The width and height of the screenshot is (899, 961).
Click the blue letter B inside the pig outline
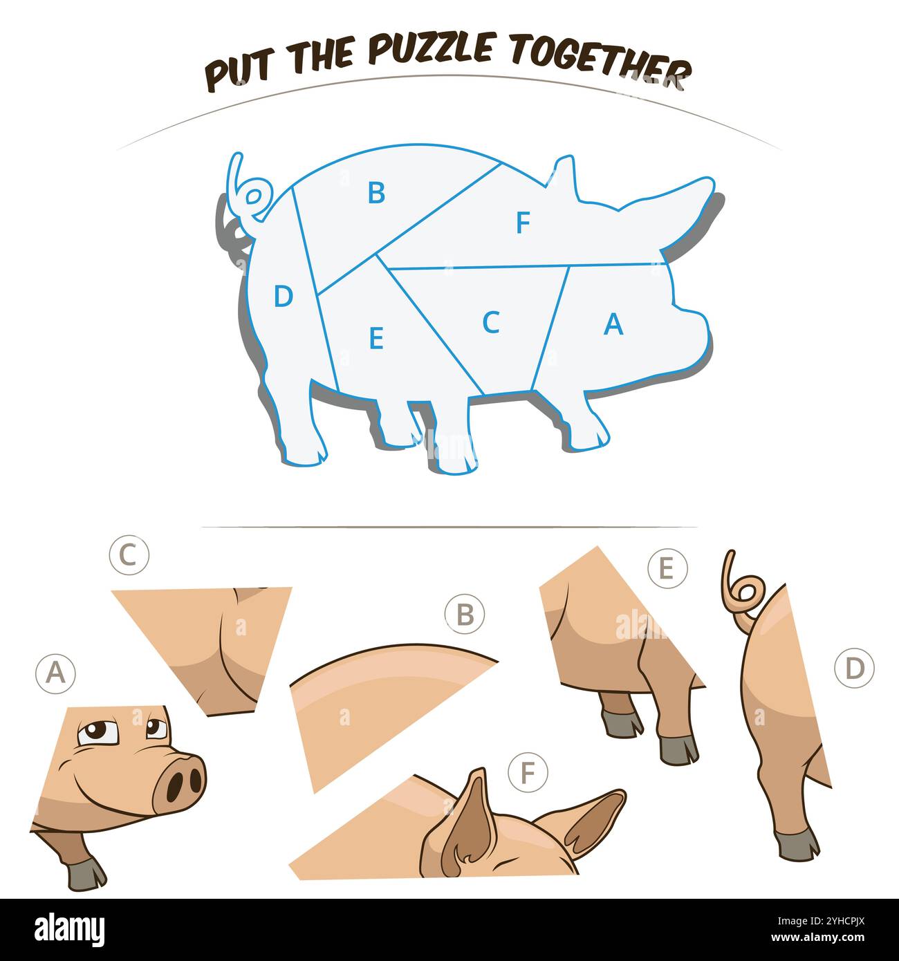click(377, 193)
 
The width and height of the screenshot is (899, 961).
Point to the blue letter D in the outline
click(284, 296)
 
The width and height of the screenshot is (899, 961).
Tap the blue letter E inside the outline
click(377, 338)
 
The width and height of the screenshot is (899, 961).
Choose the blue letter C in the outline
click(492, 321)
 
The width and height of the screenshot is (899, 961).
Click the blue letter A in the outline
click(613, 324)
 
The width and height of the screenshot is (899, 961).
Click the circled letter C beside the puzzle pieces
click(129, 555)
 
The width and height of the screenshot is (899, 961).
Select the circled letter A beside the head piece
click(55, 673)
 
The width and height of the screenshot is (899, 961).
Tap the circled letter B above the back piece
click(465, 614)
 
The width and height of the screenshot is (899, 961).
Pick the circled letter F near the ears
click(528, 772)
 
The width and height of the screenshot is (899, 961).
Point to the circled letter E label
click(667, 568)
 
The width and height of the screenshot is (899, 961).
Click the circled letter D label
click(855, 669)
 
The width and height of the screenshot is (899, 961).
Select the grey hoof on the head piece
click(86, 877)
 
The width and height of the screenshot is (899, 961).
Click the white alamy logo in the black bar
click(69, 929)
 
